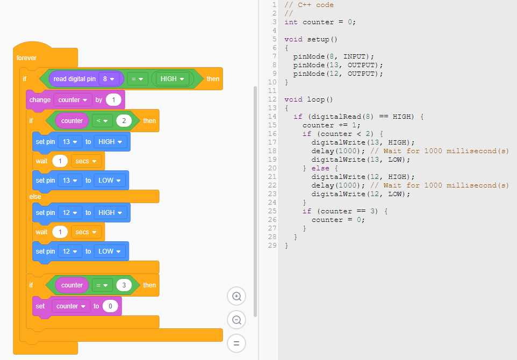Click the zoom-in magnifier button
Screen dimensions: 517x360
(236, 296)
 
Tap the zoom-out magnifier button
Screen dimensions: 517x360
(236, 320)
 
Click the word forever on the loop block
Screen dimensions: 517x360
(26, 58)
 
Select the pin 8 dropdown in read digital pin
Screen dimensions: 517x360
(109, 79)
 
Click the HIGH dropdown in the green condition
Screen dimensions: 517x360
(173, 79)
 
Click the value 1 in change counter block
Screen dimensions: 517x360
(114, 99)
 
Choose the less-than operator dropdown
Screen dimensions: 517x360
(102, 121)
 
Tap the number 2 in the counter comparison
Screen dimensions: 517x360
(124, 121)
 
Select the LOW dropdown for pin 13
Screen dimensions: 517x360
(110, 181)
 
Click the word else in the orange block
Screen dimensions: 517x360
(35, 197)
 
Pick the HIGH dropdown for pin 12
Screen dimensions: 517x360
(111, 213)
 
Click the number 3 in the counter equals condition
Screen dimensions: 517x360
(124, 285)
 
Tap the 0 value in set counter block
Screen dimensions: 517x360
(110, 306)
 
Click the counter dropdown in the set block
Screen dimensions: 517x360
(71, 306)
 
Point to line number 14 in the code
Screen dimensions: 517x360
(272, 117)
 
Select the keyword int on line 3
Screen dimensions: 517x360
(291, 22)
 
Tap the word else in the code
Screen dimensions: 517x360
(320, 168)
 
